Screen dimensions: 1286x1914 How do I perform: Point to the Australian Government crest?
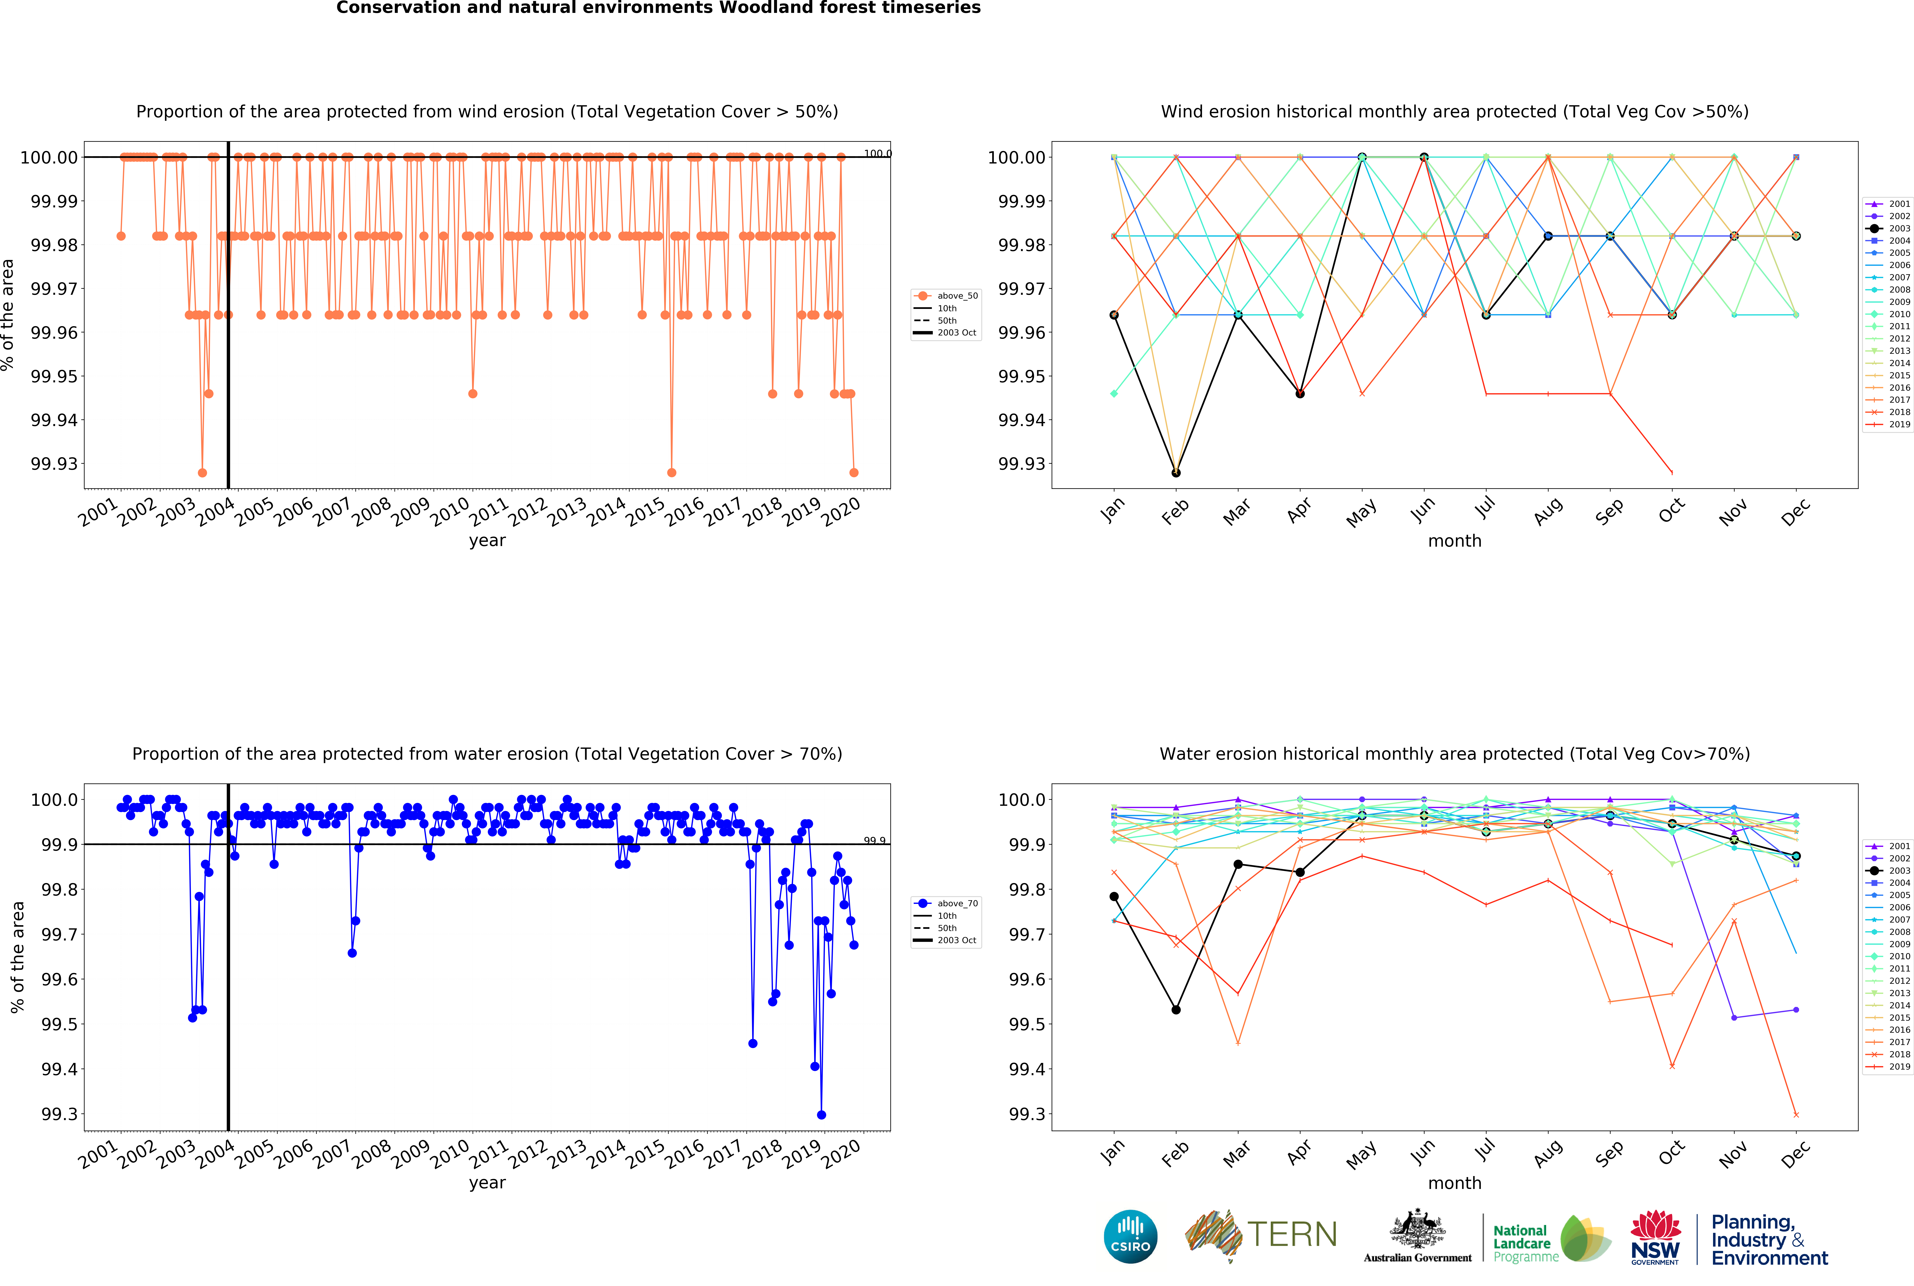(1418, 1230)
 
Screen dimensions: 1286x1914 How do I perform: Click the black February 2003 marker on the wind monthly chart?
(1176, 472)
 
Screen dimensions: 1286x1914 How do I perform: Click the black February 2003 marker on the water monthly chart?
(1176, 1010)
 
